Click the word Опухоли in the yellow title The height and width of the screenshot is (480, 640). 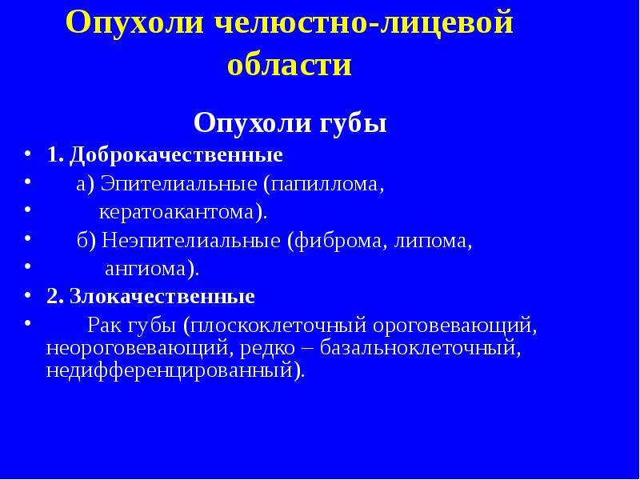point(134,22)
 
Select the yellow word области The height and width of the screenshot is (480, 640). point(290,65)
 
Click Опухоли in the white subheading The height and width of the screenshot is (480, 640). point(251,123)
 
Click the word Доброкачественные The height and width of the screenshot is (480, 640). point(176,155)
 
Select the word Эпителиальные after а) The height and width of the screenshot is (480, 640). point(178,184)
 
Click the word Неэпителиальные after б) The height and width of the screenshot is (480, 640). point(191,241)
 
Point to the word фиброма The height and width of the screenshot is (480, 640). point(338,241)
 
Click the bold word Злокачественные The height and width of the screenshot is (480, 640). point(162,297)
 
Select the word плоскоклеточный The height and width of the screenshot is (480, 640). point(276,326)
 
